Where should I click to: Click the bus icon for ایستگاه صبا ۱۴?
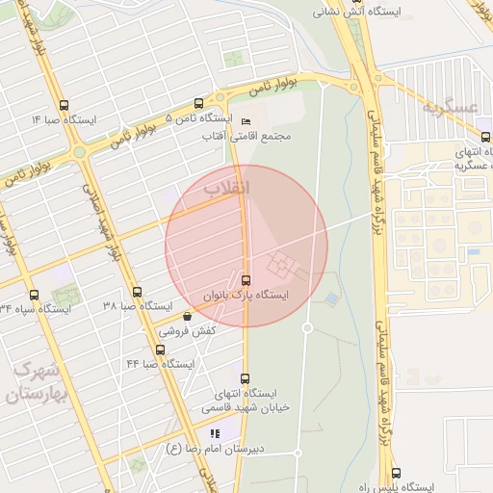point(64,106)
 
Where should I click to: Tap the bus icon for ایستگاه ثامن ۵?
point(198,103)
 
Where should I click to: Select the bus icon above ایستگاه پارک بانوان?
point(245,280)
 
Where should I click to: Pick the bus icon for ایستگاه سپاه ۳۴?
point(35,295)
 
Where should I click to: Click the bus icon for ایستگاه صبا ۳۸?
point(137,292)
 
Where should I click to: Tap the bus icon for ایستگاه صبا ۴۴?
point(160,350)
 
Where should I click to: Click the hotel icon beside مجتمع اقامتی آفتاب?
point(246,122)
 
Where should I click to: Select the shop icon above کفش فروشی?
point(186,315)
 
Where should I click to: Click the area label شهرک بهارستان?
point(39,382)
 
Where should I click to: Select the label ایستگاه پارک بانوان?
point(246,295)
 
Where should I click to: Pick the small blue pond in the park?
point(331,299)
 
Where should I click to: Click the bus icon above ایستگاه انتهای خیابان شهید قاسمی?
point(244,378)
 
